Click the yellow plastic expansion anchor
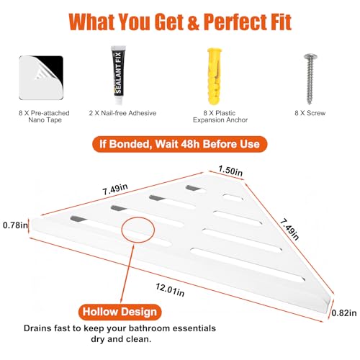[x=215, y=76]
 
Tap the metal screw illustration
[x=310, y=78]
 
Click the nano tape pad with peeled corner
[x=41, y=78]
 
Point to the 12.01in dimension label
[x=170, y=289]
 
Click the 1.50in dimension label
[x=230, y=171]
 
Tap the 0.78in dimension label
[x=15, y=225]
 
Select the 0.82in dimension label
[x=344, y=312]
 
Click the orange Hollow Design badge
[x=120, y=312]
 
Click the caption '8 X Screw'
[x=310, y=113]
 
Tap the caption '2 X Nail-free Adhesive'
[x=122, y=113]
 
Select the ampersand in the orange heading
[x=193, y=22]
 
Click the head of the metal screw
[x=310, y=57]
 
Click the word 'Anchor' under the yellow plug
[x=235, y=120]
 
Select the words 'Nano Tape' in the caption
[x=45, y=120]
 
